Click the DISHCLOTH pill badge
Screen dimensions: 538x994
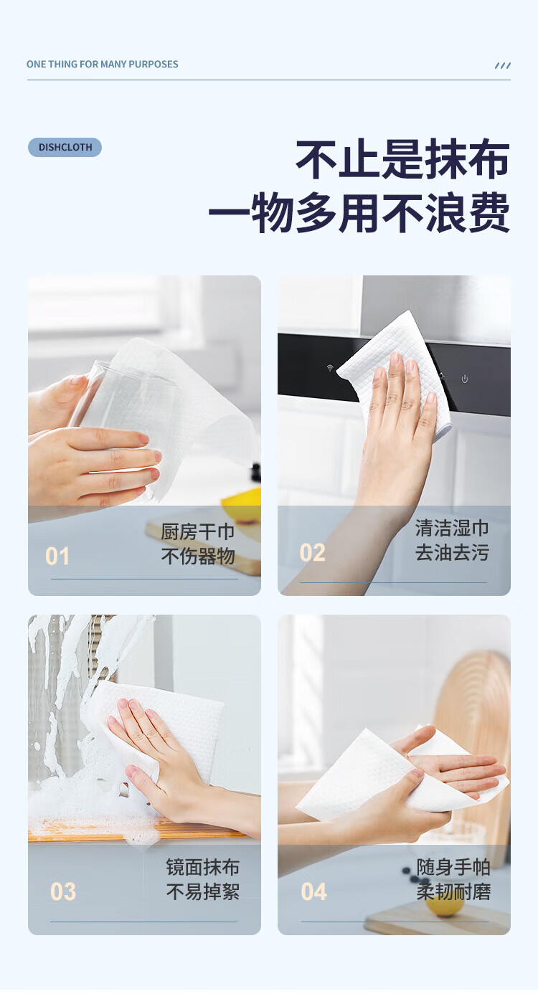(65, 147)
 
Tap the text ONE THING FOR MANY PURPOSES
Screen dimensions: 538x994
(102, 65)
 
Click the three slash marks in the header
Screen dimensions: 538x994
(502, 66)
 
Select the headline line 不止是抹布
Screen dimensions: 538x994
(402, 159)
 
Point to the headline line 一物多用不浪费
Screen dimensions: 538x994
(359, 212)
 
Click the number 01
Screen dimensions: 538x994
(57, 556)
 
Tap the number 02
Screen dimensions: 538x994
(312, 552)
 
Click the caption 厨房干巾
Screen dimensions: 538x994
(197, 531)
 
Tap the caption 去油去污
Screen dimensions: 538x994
(452, 552)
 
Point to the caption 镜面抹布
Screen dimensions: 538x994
(203, 866)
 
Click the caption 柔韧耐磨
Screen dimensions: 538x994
(453, 891)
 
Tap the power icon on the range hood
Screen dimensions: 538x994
(464, 379)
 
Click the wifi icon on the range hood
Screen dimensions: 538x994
(330, 368)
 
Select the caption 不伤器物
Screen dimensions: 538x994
(197, 556)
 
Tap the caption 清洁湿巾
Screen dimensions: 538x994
(452, 528)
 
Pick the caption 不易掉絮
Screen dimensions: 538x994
(203, 891)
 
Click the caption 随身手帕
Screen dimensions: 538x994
(453, 866)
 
